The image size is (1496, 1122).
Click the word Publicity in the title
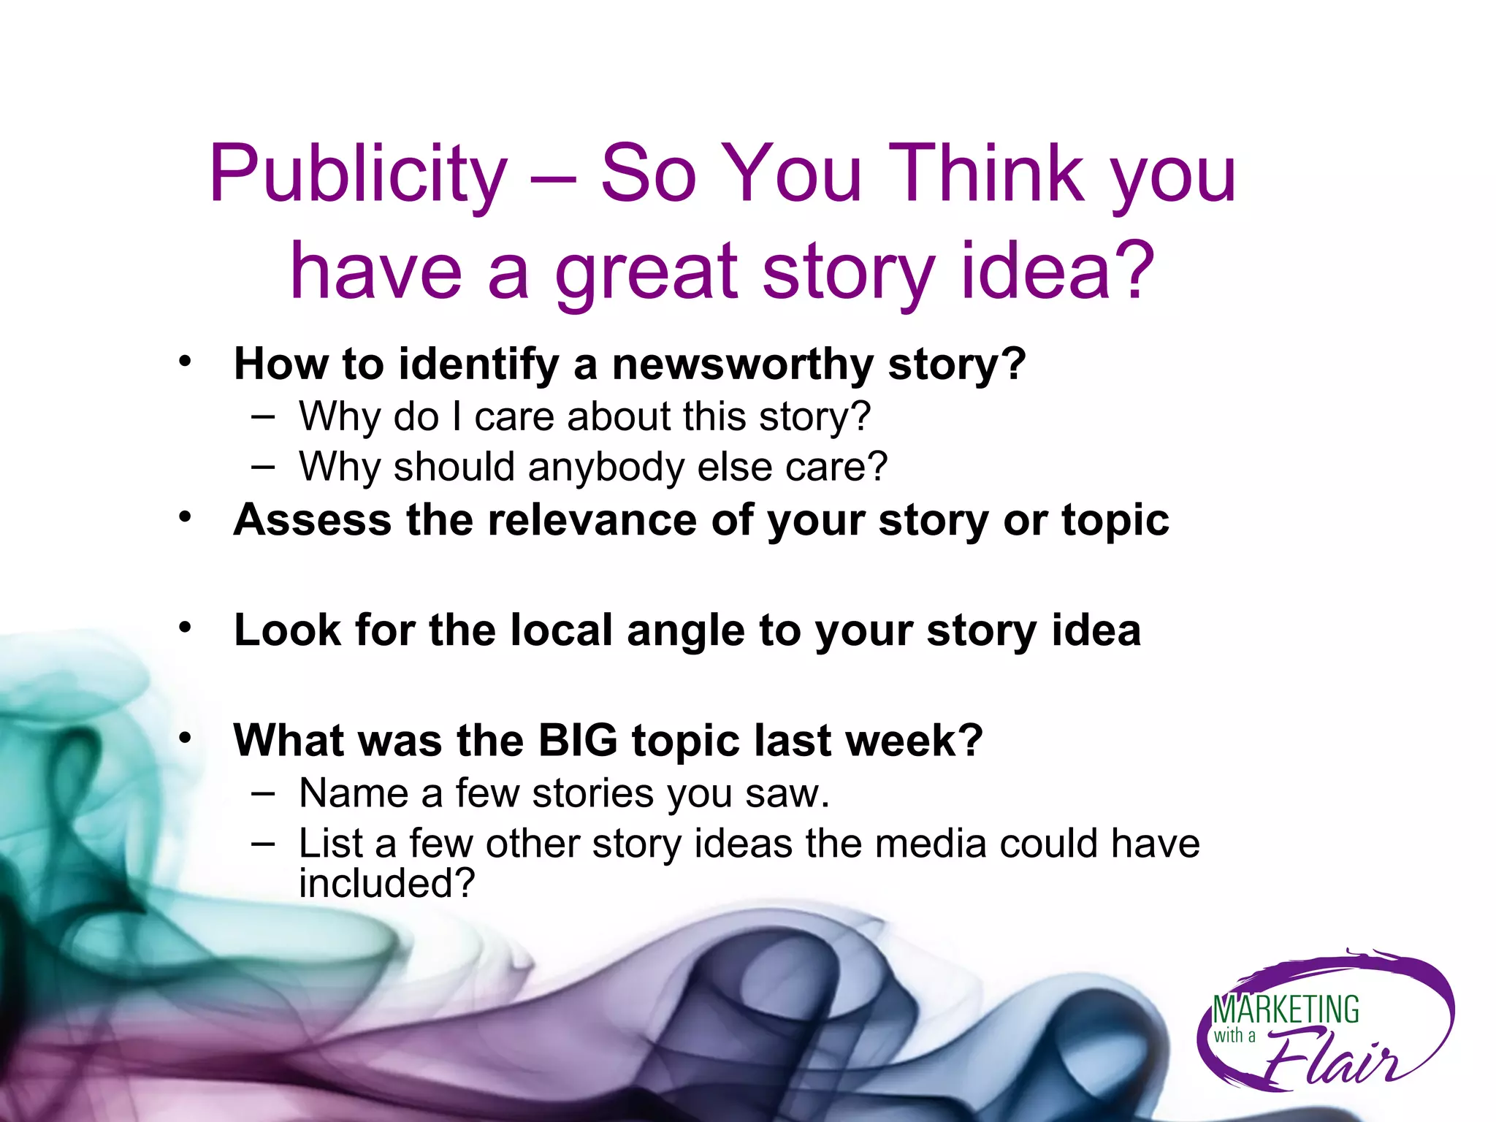coord(358,175)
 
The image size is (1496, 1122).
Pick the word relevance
coord(592,520)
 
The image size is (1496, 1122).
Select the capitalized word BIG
coord(578,741)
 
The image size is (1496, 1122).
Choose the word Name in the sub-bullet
coord(354,793)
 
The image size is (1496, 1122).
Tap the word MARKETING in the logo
coord(1286,1010)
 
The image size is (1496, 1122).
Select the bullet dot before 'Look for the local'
coord(185,627)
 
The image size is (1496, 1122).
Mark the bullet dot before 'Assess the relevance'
coord(185,517)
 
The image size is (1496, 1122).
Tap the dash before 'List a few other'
coord(262,844)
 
